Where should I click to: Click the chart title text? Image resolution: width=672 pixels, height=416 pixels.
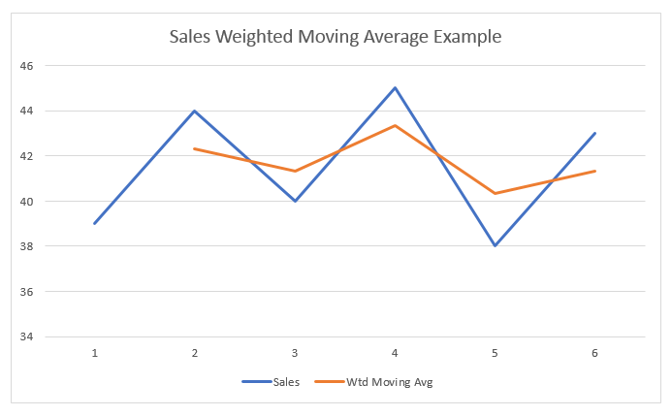point(336,38)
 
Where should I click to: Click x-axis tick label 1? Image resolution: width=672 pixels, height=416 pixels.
point(95,353)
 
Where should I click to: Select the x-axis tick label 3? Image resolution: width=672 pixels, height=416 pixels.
point(295,353)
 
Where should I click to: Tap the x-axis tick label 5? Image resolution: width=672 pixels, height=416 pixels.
point(495,353)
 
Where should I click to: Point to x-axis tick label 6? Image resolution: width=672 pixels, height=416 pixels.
point(594,353)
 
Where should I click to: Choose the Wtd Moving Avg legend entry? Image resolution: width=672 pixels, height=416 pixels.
point(388,382)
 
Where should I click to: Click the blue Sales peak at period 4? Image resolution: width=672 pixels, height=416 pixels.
point(395,88)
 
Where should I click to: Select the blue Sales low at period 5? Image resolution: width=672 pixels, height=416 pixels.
point(495,245)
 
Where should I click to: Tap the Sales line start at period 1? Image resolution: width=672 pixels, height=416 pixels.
point(95,223)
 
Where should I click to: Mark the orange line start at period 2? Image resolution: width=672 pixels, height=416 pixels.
point(195,148)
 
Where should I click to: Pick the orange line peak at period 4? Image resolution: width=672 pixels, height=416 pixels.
point(395,125)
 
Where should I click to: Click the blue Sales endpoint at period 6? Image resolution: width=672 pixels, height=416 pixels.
point(594,133)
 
